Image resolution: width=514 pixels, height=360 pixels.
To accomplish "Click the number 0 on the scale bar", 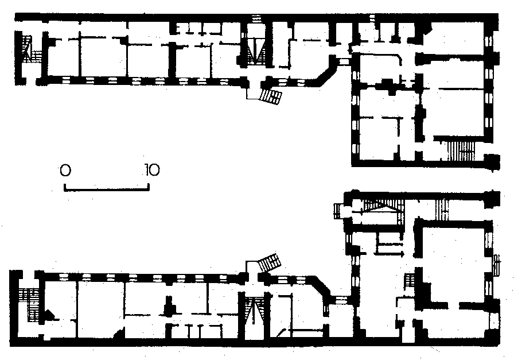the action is (65, 170).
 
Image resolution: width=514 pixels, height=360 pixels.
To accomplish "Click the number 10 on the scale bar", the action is (152, 170).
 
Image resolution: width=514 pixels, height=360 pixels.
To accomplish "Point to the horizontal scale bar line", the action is (107, 189).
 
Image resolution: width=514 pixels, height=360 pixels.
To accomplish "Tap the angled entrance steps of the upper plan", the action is (271, 96).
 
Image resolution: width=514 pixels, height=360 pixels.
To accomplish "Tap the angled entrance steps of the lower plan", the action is (270, 262).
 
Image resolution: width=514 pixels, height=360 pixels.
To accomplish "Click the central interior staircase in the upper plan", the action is (255, 52).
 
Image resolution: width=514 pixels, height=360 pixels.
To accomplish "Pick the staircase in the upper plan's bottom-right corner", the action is (461, 150).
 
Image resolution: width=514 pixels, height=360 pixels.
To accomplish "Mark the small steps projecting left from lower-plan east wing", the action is (338, 211).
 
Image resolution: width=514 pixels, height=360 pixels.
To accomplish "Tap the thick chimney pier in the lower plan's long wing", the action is (169, 305).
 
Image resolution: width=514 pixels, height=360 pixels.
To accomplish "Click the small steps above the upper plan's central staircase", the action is (256, 18).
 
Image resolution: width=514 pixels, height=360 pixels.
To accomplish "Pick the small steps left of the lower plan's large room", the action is (409, 281).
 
